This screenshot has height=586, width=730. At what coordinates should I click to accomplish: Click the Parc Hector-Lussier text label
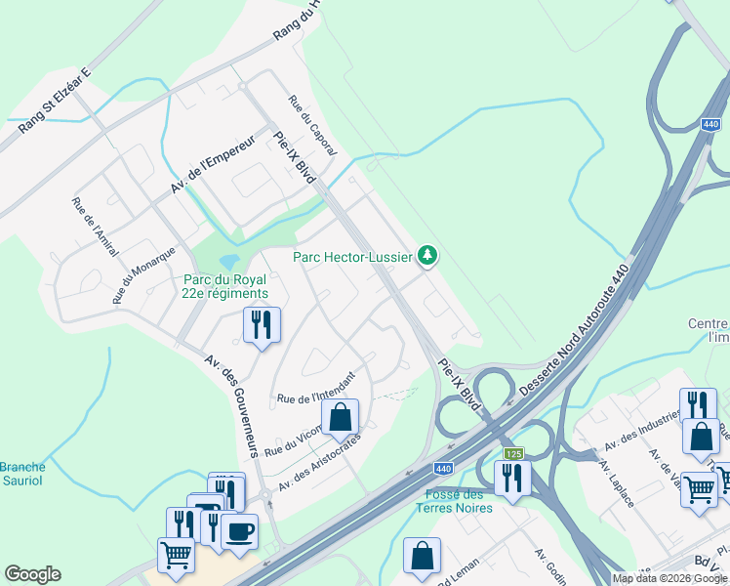(x=352, y=257)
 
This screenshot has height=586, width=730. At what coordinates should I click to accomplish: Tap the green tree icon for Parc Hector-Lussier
(x=426, y=256)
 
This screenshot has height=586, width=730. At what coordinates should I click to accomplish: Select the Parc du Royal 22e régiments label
(x=224, y=286)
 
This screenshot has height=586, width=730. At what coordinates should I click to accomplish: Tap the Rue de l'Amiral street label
(x=94, y=227)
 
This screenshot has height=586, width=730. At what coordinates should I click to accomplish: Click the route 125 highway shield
(x=513, y=453)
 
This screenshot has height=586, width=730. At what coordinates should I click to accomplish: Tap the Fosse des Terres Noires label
(x=456, y=500)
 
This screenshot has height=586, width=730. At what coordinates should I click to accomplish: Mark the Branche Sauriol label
(x=22, y=474)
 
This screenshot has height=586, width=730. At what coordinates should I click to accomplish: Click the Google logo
(x=32, y=574)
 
